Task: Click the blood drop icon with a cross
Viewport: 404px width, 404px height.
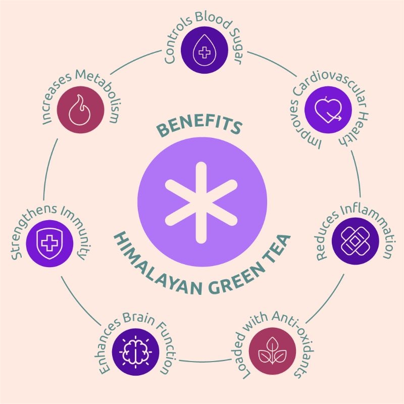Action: click(x=205, y=49)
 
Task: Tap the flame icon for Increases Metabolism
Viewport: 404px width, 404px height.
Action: click(x=80, y=110)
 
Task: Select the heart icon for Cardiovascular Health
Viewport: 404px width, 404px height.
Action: click(x=328, y=110)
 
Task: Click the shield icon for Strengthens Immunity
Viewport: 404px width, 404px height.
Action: click(x=49, y=243)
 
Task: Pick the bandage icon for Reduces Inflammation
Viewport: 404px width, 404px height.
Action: click(x=355, y=241)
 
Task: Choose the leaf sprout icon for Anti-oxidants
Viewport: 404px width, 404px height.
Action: click(x=272, y=350)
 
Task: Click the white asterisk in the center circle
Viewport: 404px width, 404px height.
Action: click(x=201, y=203)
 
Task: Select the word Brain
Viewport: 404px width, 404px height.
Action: click(x=138, y=318)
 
